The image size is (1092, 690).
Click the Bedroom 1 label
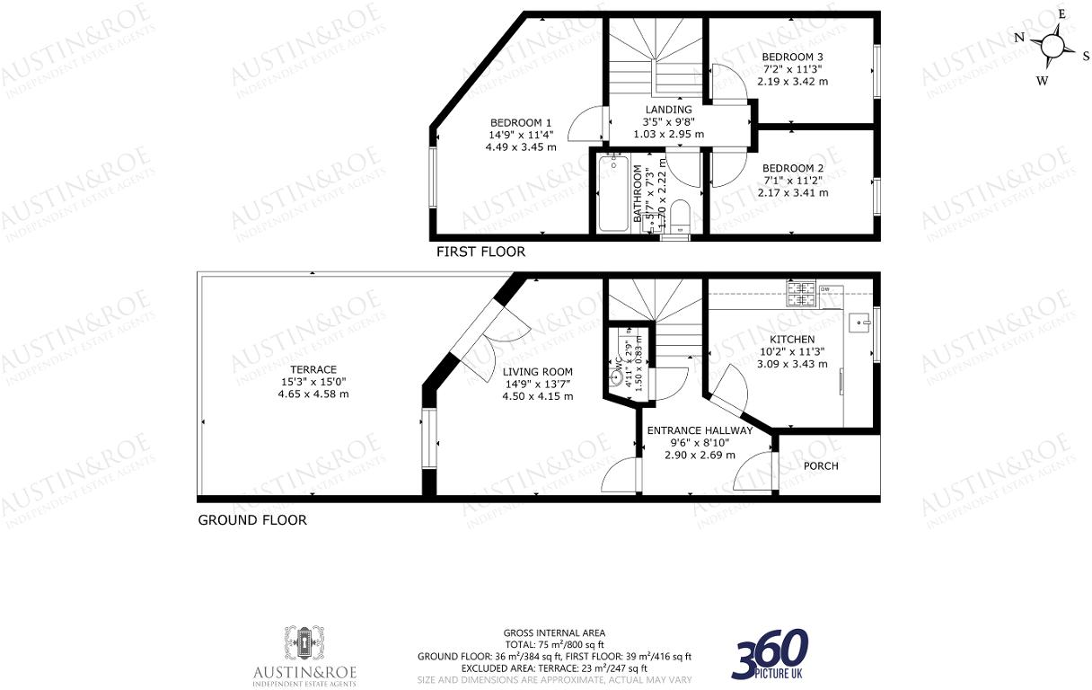pos(521,123)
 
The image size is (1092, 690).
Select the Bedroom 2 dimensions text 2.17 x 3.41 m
pos(793,192)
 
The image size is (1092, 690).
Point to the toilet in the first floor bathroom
pos(680,217)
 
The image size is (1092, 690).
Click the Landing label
pos(668,110)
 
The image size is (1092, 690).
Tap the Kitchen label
pos(792,340)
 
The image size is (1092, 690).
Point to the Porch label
pos(821,465)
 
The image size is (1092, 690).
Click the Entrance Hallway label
pos(700,430)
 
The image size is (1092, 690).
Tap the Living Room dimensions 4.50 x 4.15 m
pos(538,395)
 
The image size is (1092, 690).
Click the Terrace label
pos(313,369)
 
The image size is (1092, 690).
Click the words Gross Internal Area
pos(554,632)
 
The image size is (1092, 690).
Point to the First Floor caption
pos(480,252)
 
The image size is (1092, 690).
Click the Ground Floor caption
pos(252,520)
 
